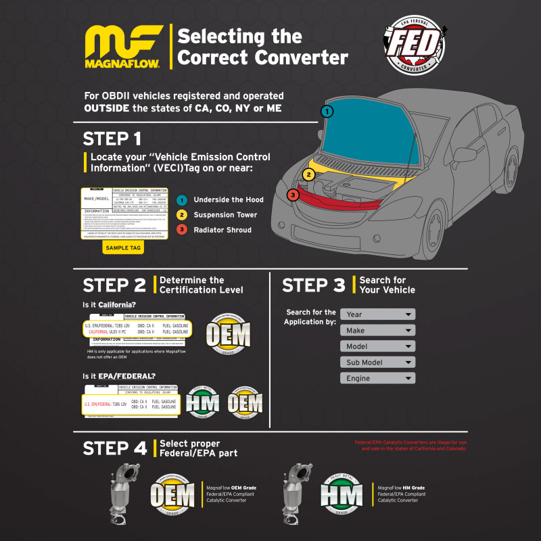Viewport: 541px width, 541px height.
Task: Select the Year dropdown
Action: [377, 314]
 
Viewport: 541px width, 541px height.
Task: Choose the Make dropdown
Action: [377, 330]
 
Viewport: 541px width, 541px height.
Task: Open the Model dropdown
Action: [377, 346]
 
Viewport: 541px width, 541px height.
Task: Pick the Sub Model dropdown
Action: [377, 362]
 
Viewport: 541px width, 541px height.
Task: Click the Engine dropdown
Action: [377, 378]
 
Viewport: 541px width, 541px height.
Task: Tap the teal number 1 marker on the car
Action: [327, 111]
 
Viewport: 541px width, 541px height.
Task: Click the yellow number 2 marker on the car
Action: [309, 174]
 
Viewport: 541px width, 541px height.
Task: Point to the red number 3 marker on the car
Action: [292, 195]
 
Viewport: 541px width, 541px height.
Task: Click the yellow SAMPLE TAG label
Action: [123, 248]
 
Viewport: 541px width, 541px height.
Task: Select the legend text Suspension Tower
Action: [225, 214]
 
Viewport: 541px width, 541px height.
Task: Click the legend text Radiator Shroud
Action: [222, 229]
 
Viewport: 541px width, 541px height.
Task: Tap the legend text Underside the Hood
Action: [229, 199]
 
